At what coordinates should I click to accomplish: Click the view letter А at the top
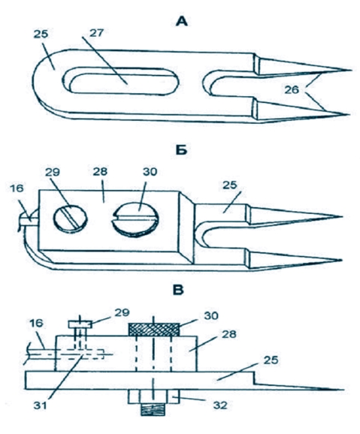pyautogui.click(x=182, y=21)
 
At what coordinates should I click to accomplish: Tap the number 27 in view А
pyautogui.click(x=97, y=32)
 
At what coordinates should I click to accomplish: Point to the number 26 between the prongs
pyautogui.click(x=292, y=89)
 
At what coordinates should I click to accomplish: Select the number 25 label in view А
pyautogui.click(x=41, y=34)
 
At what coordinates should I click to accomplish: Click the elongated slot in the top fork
pyautogui.click(x=122, y=80)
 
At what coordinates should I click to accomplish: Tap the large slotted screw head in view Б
pyautogui.click(x=135, y=219)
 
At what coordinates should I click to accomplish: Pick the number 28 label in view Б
pyautogui.click(x=100, y=172)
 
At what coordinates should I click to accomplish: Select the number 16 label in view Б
pyautogui.click(x=17, y=188)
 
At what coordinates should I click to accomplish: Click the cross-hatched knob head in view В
pyautogui.click(x=154, y=330)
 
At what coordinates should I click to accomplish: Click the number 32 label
pyautogui.click(x=220, y=405)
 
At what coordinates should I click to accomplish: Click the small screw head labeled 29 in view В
pyautogui.click(x=80, y=324)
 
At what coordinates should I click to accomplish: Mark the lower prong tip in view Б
pyautogui.click(x=341, y=260)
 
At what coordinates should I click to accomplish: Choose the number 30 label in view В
pyautogui.click(x=211, y=315)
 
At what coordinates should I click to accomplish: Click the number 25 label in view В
pyautogui.click(x=271, y=360)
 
